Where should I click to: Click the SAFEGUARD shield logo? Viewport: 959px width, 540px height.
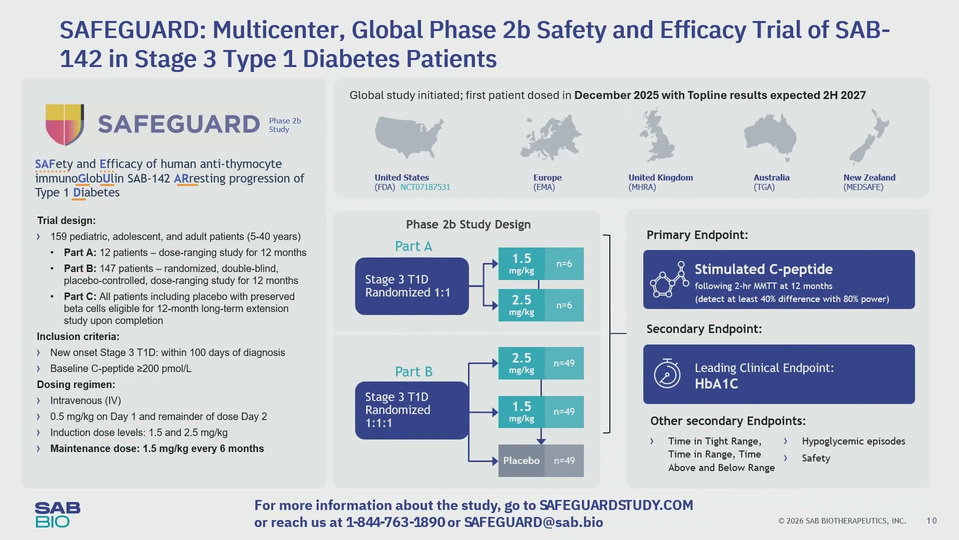tap(64, 124)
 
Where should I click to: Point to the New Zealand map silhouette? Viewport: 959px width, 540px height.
tap(869, 136)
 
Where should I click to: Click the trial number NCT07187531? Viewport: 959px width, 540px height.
tap(425, 187)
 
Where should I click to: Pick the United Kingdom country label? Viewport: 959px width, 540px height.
tap(660, 177)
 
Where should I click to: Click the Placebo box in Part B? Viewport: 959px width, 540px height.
tap(521, 460)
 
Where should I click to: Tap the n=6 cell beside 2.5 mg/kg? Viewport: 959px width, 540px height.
tap(564, 305)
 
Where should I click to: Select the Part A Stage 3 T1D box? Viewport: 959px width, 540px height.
tap(412, 286)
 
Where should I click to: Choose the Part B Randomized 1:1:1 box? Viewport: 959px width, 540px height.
tap(412, 410)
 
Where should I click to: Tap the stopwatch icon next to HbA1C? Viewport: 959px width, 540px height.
tap(667, 373)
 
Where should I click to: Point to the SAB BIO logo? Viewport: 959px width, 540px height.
tap(57, 515)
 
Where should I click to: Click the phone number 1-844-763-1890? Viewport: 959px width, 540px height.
tap(395, 522)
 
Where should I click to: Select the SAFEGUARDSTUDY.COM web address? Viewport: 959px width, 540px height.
tap(616, 505)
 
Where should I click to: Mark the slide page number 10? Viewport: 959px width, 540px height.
tap(932, 521)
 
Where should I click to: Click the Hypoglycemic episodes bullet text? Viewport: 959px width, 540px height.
tap(854, 441)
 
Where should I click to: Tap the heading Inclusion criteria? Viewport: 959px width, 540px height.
tap(78, 336)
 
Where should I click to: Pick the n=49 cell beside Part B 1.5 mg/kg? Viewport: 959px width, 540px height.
tap(564, 411)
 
